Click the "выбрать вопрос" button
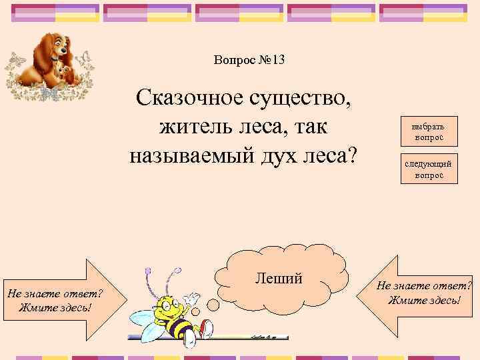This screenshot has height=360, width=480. (430, 131)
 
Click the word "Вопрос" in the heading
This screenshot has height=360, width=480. (235, 61)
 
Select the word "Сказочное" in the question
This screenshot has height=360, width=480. (190, 100)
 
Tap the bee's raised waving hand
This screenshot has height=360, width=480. (192, 297)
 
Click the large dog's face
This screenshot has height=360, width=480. (61, 48)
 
